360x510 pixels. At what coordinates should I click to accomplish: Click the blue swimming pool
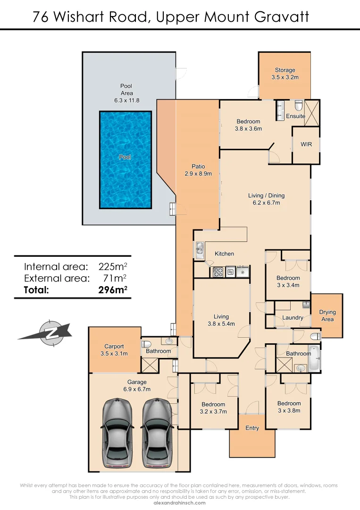(x=126, y=160)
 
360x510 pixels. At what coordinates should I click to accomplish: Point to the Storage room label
(x=285, y=70)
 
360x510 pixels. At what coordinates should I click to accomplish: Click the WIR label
(x=306, y=144)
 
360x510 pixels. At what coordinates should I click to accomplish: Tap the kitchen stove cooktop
(x=218, y=272)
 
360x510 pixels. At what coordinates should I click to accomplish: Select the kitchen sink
(x=200, y=248)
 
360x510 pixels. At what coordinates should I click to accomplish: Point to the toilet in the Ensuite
(x=298, y=105)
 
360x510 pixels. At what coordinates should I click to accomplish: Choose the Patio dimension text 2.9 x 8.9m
(x=198, y=173)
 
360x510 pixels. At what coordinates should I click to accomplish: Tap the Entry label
(x=252, y=428)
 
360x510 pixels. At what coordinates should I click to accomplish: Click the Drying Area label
(x=327, y=315)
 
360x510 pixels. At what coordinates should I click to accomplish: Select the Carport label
(x=114, y=347)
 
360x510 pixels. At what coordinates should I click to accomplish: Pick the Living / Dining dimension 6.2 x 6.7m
(x=267, y=203)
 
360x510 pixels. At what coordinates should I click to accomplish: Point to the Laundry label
(x=293, y=318)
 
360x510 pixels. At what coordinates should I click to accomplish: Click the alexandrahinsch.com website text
(x=180, y=503)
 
